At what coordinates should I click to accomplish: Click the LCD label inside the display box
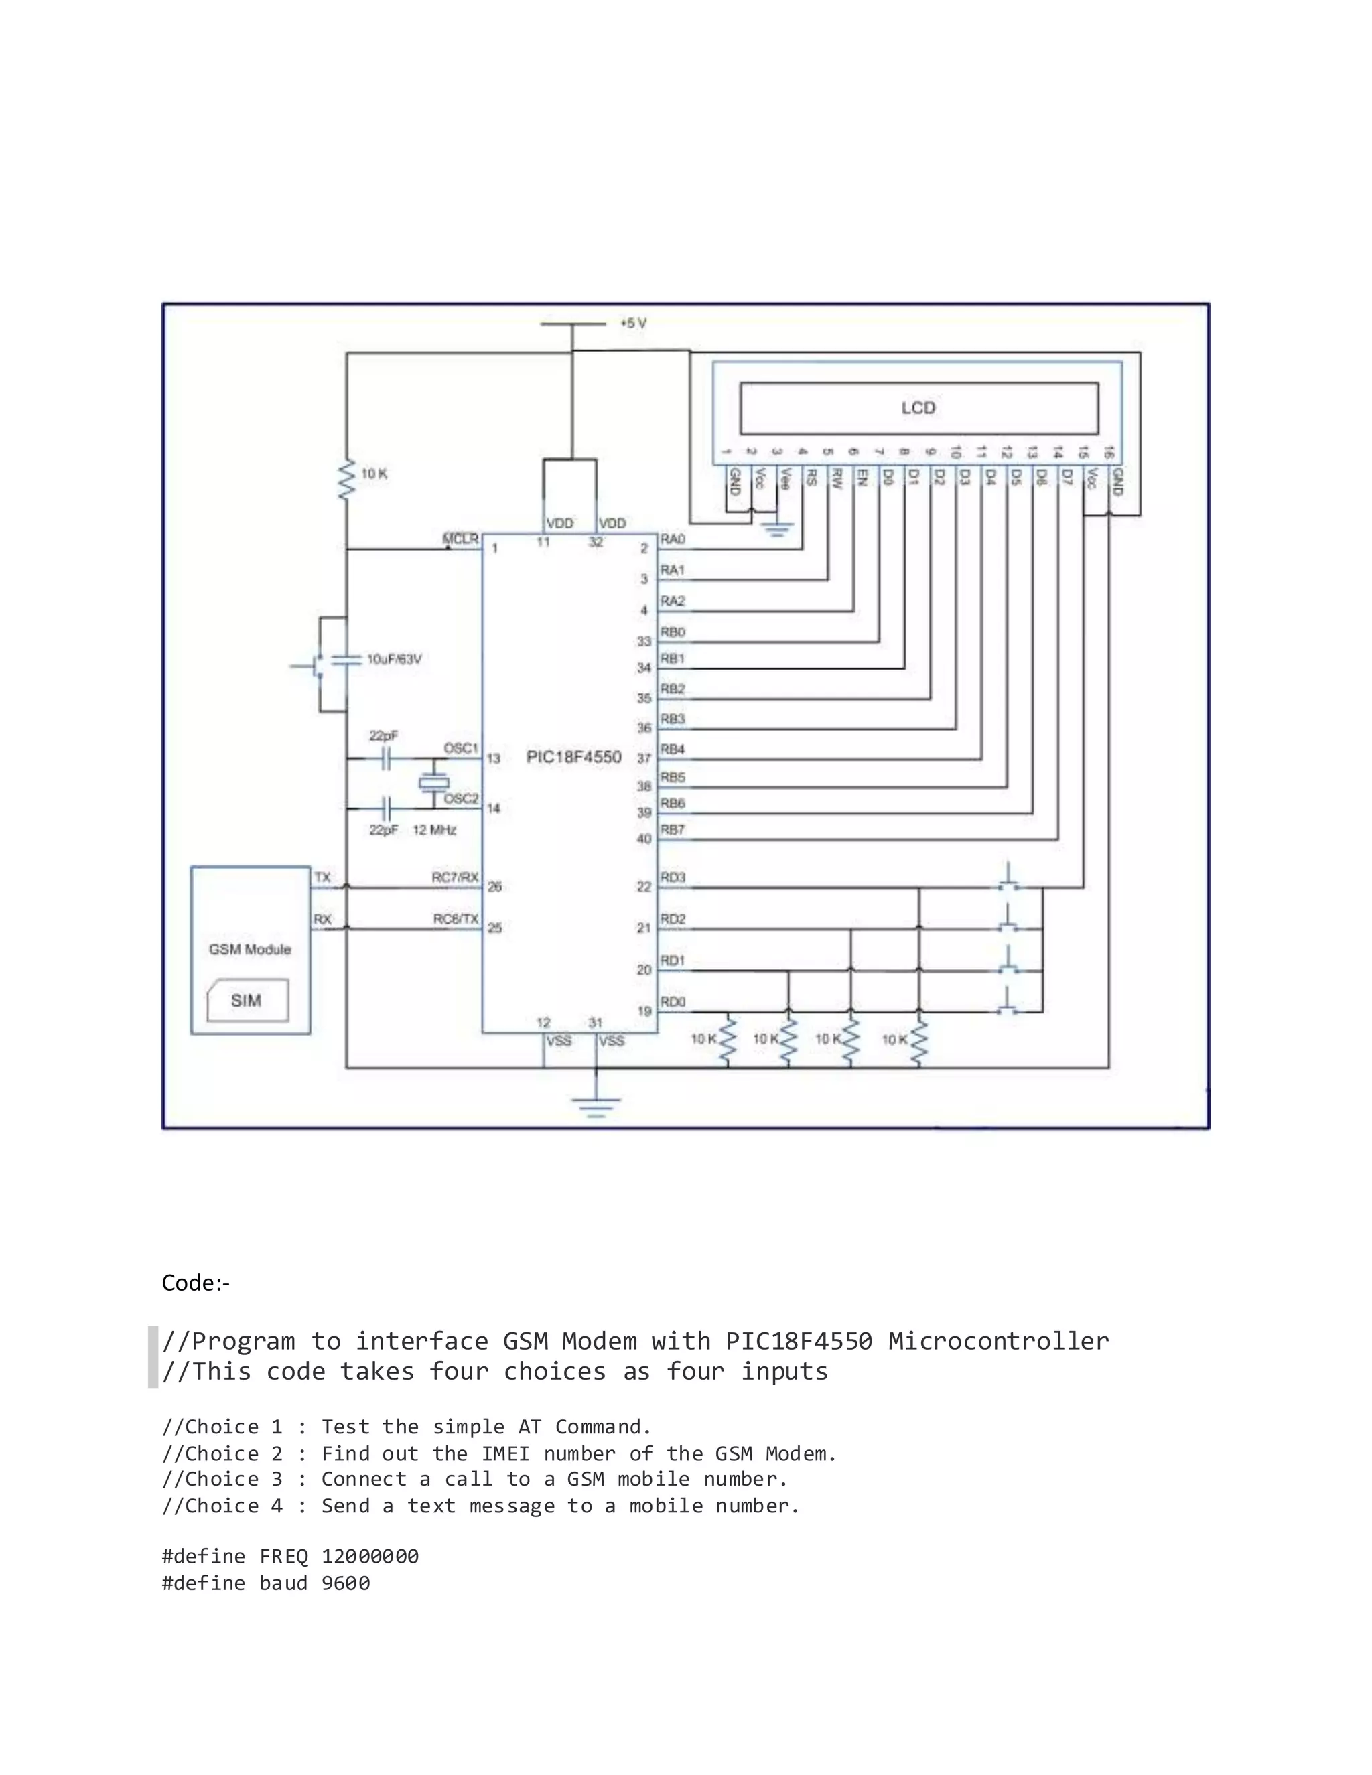point(918,408)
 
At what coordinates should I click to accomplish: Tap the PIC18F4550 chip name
point(574,757)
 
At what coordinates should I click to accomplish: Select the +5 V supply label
point(633,324)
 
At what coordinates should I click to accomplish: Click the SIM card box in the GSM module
point(247,1001)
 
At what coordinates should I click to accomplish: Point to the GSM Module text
point(249,949)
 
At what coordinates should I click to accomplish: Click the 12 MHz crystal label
point(435,830)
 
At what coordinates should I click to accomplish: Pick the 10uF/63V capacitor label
point(394,659)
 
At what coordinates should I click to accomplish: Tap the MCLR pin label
point(460,539)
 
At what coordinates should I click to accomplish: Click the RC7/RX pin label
point(455,877)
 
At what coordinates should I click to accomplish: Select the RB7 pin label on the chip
point(673,830)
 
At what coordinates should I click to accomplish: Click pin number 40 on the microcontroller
point(644,839)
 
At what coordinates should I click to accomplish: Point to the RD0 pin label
point(673,1002)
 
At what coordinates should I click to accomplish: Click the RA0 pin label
point(673,540)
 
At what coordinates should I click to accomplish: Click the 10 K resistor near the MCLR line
point(347,480)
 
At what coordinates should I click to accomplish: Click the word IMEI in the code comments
point(506,1453)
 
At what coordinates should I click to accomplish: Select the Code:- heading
point(196,1283)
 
